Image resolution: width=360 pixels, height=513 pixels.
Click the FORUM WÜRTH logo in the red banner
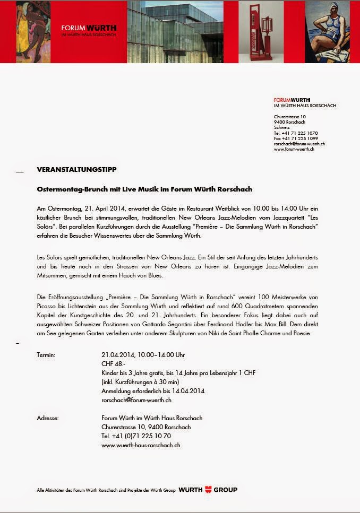point(89,30)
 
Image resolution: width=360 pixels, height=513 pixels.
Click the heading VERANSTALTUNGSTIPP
point(76,169)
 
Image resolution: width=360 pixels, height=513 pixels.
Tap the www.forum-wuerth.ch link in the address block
point(294,149)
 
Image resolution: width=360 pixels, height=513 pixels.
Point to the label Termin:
point(46,354)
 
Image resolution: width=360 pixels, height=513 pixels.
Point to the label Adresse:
point(47,418)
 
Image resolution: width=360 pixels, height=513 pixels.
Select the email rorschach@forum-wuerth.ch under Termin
point(136,399)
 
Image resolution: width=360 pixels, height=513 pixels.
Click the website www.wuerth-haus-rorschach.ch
point(141,445)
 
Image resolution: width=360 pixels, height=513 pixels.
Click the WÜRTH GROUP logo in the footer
point(208,490)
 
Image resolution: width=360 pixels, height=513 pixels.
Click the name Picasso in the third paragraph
point(46,306)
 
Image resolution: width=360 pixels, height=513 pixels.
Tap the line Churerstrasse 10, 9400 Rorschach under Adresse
point(146,427)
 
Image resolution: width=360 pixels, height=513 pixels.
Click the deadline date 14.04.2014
point(188,390)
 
